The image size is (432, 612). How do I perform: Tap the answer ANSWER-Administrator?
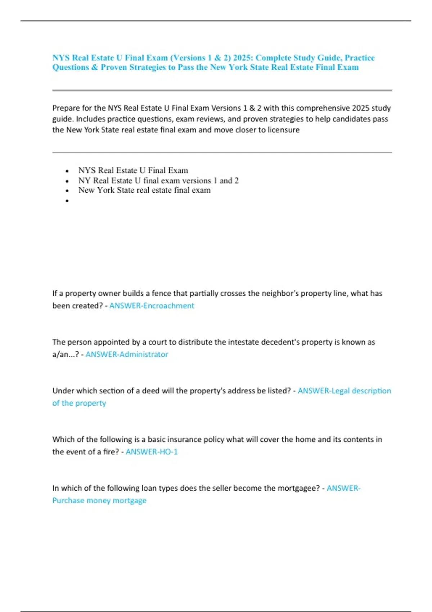[127, 354]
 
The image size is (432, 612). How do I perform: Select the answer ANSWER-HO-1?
[152, 451]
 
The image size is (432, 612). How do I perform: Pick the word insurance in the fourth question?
[178, 439]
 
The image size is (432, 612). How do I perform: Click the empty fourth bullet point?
[67, 201]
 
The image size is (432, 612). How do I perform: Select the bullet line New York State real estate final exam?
[144, 190]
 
